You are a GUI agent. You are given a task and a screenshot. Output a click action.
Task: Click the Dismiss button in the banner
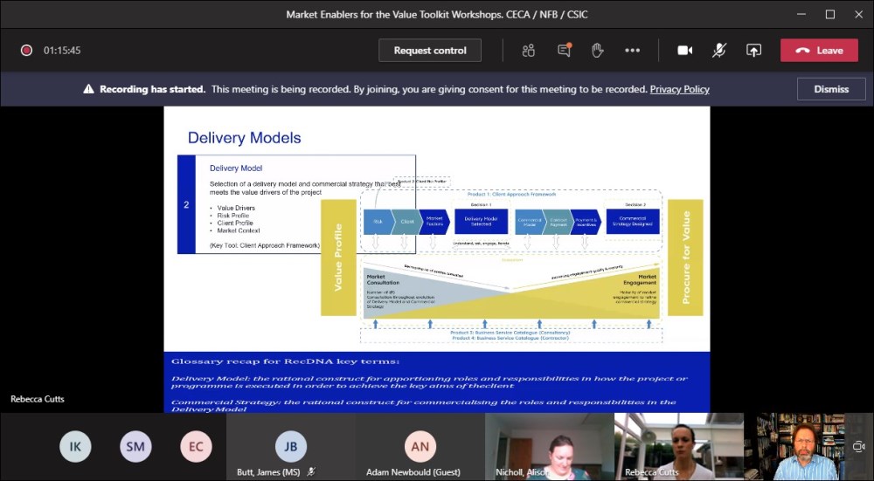coord(831,89)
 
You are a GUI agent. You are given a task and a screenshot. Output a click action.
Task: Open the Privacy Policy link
coord(679,89)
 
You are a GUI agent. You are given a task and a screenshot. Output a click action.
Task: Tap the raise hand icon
coord(598,51)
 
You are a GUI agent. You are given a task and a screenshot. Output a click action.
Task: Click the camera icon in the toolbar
coord(685,51)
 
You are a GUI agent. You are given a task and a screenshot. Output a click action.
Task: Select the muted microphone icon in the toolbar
coord(719,51)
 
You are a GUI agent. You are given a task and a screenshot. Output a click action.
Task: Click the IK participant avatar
coord(75,447)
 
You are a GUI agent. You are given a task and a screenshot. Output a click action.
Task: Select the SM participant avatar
coord(135,447)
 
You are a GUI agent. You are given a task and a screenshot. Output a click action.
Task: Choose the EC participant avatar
coord(196,447)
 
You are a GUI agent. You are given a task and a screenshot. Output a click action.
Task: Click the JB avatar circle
coord(291,446)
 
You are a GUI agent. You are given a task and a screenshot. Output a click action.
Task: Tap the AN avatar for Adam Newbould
coord(420,446)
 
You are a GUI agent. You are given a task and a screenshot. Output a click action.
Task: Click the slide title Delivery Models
coord(244,138)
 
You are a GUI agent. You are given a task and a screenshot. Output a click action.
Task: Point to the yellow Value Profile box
coord(338,258)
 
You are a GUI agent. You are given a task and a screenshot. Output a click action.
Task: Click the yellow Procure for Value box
coord(685,258)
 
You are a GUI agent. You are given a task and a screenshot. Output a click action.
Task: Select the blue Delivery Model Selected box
coord(481,221)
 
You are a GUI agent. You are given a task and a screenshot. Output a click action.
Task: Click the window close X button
coord(855,14)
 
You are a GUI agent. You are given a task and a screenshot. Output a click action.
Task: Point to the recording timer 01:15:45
coord(62,51)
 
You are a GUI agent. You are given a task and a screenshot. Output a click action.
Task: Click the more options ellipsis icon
coord(632,51)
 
